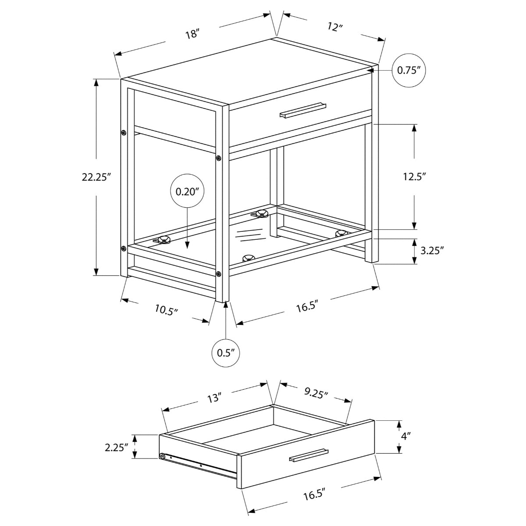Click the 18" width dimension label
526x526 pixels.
click(x=192, y=34)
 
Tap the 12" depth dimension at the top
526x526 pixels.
click(x=334, y=27)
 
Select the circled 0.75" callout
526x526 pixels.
click(x=409, y=70)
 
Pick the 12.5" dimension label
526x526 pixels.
click(x=414, y=177)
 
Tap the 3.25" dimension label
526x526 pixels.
click(x=432, y=251)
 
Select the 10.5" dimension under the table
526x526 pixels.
click(x=167, y=310)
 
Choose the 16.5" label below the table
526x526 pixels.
click(x=306, y=306)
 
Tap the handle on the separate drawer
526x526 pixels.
click(x=309, y=455)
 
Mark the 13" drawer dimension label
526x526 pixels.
click(x=214, y=398)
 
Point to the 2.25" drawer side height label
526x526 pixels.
click(x=116, y=447)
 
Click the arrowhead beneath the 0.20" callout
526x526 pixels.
click(x=187, y=246)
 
